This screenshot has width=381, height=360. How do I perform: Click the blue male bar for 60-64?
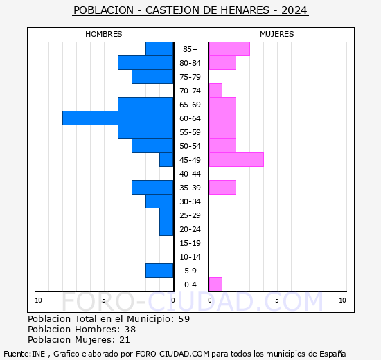(118, 118)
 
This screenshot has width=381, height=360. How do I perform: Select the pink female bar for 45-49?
(236, 160)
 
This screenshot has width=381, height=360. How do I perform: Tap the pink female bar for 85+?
(229, 49)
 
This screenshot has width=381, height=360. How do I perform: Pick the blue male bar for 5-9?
(159, 271)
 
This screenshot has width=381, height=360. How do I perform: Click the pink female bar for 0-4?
(215, 285)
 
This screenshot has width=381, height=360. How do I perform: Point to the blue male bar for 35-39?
(152, 188)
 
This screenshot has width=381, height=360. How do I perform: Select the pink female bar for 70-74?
(215, 91)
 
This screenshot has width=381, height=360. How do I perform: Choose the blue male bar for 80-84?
(145, 63)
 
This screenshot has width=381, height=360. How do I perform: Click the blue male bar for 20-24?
(166, 229)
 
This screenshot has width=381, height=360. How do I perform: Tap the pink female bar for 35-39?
(222, 188)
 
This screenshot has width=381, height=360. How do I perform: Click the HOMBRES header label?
(104, 34)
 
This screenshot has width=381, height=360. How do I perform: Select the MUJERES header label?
(276, 34)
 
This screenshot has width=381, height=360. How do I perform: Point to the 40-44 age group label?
(190, 174)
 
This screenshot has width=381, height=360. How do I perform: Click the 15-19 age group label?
(190, 243)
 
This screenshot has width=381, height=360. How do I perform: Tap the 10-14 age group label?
(190, 257)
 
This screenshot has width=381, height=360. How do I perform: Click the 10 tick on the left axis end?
(38, 300)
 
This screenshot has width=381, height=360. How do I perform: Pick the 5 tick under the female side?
(276, 300)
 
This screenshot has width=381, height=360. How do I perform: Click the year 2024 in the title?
(294, 11)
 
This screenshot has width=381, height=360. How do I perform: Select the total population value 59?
(184, 319)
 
